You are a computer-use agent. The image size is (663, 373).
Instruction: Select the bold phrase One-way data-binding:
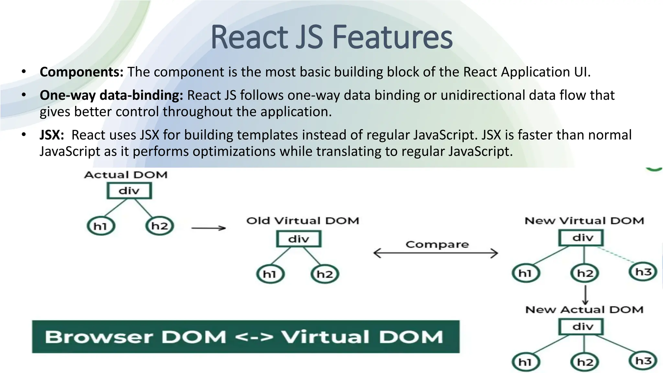(x=111, y=95)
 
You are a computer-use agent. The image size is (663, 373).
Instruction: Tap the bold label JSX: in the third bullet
(x=52, y=135)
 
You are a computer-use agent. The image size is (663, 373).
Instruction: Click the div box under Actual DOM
(x=129, y=190)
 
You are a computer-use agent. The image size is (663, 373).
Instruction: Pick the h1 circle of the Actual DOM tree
(x=101, y=226)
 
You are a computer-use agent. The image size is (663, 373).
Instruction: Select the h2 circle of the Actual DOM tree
(x=160, y=226)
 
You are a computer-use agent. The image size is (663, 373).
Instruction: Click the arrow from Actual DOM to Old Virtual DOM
(x=208, y=228)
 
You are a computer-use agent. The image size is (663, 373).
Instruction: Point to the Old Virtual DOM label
(x=303, y=221)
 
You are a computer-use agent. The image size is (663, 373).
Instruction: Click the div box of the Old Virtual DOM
(x=298, y=239)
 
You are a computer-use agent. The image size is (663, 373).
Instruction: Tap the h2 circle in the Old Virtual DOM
(x=325, y=274)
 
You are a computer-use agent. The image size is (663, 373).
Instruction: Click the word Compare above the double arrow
(x=437, y=244)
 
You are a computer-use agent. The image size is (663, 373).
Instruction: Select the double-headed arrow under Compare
(x=435, y=253)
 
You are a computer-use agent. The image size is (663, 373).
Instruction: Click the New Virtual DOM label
(x=584, y=221)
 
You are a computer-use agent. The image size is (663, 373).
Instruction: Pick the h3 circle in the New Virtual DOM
(x=643, y=272)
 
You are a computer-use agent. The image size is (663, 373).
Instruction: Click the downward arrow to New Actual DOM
(x=585, y=295)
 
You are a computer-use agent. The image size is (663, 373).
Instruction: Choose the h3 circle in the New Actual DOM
(x=643, y=361)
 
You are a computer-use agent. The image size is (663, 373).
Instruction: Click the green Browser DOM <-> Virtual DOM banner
(x=245, y=337)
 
